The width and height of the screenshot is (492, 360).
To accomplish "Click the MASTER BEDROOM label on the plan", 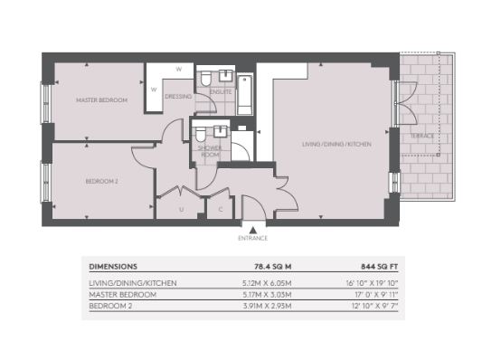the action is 101,100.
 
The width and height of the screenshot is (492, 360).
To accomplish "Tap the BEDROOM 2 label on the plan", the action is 101,182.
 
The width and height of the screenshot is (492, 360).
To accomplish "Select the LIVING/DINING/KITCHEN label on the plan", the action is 336,145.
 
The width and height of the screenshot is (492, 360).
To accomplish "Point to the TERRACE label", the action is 422,136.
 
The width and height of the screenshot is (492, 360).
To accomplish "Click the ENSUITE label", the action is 221,92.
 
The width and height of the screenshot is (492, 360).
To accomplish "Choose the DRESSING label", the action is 178,97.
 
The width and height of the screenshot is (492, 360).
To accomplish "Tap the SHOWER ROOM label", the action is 210,151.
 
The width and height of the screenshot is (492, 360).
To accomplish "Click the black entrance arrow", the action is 253,230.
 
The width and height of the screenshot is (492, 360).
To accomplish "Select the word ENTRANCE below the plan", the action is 253,238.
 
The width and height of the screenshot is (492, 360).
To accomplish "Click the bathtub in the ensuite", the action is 245,95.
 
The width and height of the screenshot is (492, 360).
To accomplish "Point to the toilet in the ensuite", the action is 206,79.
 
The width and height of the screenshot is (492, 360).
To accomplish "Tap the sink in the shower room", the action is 221,131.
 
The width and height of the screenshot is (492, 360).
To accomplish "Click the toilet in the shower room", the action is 201,134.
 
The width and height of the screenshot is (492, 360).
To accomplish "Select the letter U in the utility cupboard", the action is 182,210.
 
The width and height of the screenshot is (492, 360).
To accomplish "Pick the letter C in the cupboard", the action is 221,209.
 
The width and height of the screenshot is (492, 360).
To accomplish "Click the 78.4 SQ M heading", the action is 272,267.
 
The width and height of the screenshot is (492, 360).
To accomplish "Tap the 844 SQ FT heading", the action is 379,267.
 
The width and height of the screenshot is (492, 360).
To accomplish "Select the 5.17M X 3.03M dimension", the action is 267,295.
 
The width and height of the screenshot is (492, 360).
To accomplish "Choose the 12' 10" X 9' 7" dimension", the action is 374,306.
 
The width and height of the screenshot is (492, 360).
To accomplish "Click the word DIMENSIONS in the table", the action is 113,267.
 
